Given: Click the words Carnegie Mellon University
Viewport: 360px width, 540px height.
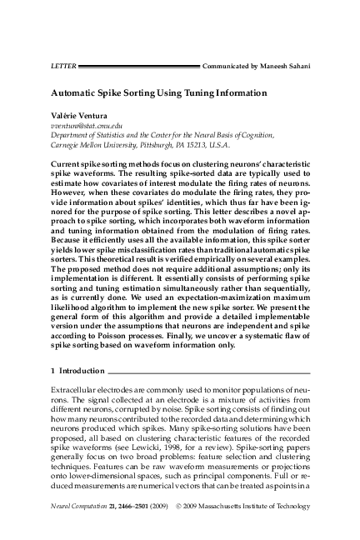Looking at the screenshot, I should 94,142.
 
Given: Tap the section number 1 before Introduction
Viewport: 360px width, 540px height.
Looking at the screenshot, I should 53,367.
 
